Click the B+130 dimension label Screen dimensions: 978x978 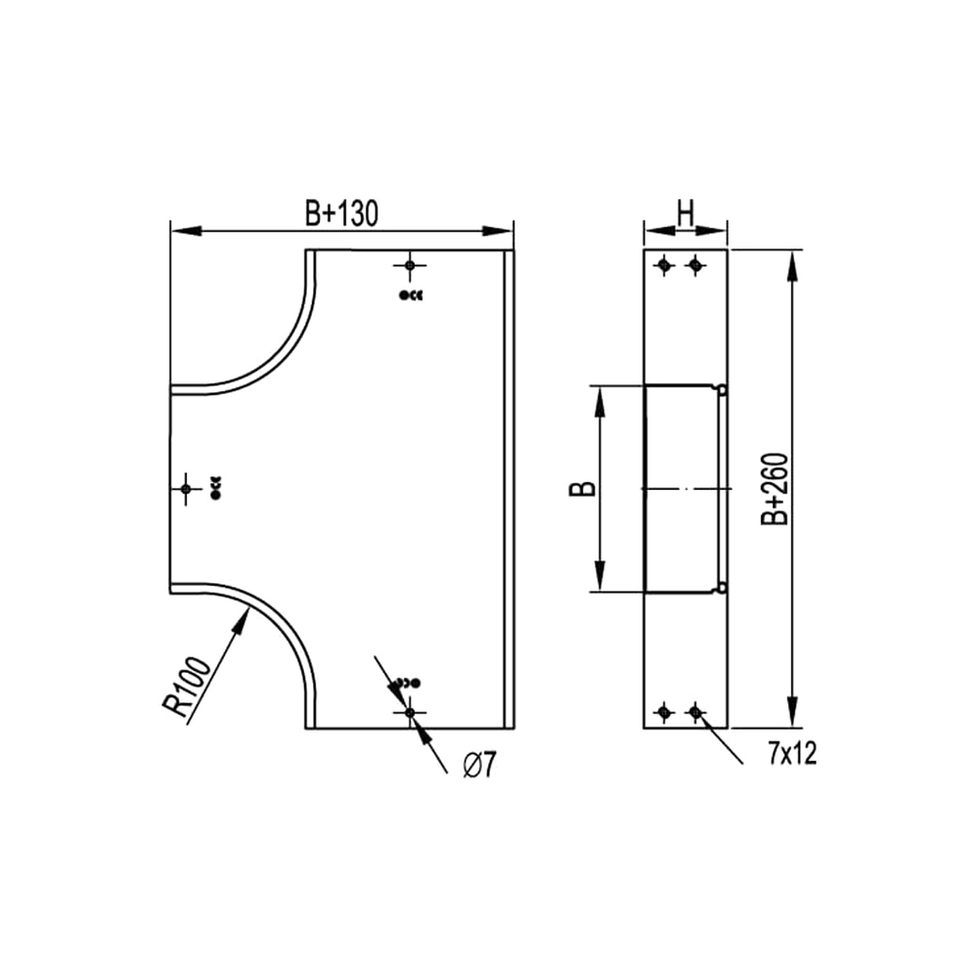[341, 214]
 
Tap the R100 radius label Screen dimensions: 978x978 [187, 687]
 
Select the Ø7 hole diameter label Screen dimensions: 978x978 [479, 765]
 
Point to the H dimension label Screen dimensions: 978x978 [686, 214]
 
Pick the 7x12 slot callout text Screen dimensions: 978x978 [792, 754]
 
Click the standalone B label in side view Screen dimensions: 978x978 [583, 488]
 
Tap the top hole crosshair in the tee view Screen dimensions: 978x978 [410, 266]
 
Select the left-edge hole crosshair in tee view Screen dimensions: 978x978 [185, 488]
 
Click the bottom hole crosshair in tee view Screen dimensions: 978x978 [410, 712]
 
